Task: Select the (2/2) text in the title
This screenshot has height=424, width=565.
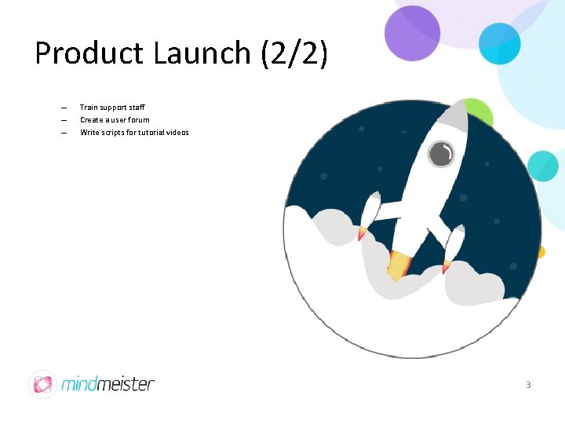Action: pyautogui.click(x=291, y=53)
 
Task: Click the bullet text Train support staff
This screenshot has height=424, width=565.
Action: pyautogui.click(x=112, y=107)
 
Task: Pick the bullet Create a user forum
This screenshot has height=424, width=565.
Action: pyautogui.click(x=115, y=119)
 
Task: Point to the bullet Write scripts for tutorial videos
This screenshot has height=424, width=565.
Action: pyautogui.click(x=134, y=132)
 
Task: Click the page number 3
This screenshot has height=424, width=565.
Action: pyautogui.click(x=528, y=385)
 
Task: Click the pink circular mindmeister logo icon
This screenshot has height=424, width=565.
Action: pyautogui.click(x=42, y=384)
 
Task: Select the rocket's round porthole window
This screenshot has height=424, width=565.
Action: pyautogui.click(x=441, y=154)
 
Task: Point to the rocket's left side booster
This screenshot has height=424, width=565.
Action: pyautogui.click(x=369, y=214)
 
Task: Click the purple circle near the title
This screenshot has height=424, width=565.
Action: pyautogui.click(x=413, y=33)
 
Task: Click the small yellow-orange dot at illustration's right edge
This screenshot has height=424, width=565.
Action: pyautogui.click(x=541, y=252)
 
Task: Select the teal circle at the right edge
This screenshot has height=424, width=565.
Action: pyautogui.click(x=542, y=166)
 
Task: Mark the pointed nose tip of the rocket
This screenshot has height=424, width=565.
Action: pyautogui.click(x=461, y=106)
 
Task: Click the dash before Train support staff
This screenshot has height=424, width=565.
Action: pyautogui.click(x=64, y=108)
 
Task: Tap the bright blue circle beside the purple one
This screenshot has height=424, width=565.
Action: pyautogui.click(x=500, y=42)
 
